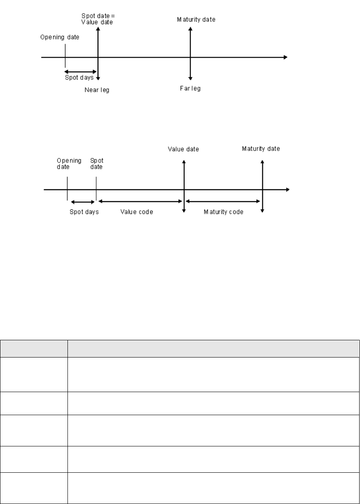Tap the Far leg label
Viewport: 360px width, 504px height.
pos(190,88)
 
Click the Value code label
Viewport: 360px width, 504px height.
pos(137,212)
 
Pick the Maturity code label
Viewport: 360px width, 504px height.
pos(224,212)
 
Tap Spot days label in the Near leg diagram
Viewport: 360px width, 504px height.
pos(79,77)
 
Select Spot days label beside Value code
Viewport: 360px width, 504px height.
pos(84,212)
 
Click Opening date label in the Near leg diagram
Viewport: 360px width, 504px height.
pos(60,37)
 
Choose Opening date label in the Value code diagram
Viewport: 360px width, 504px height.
pos(69,164)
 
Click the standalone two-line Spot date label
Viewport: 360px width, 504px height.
pos(97,164)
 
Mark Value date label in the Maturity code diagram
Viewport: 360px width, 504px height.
pos(183,149)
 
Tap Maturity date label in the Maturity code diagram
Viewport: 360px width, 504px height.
pos(261,149)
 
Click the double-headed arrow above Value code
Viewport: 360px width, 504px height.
pos(140,201)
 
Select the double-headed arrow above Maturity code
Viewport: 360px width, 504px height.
pos(223,201)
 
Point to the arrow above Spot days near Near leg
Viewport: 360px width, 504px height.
pos(81,72)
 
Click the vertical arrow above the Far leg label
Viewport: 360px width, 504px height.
pos(190,53)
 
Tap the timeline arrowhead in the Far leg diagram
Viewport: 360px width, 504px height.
pos(285,57)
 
